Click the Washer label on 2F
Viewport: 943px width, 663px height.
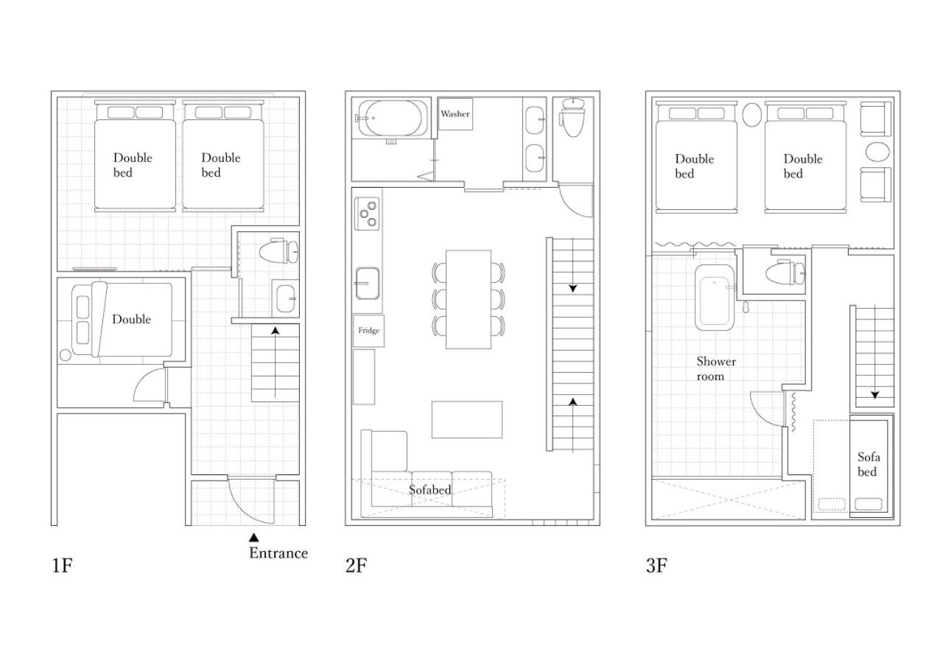tap(455, 113)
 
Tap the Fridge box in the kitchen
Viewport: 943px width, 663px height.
tap(368, 331)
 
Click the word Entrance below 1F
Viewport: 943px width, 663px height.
tap(278, 552)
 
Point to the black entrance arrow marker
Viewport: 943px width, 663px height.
tap(253, 538)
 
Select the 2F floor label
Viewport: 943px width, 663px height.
tap(356, 565)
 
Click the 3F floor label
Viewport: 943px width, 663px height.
tap(656, 565)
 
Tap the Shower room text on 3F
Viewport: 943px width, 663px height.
tap(716, 369)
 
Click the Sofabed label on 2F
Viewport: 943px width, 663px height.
tap(430, 490)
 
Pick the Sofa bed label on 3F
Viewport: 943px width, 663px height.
tap(869, 464)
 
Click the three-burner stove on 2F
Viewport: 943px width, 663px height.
tap(367, 214)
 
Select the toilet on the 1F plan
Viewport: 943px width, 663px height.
tap(278, 251)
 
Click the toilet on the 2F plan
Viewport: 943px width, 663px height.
tap(573, 117)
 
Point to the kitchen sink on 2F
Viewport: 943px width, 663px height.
tap(367, 284)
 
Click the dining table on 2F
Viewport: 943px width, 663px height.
tap(468, 299)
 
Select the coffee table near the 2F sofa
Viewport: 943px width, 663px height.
tap(466, 420)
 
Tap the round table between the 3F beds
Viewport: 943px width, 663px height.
tap(751, 114)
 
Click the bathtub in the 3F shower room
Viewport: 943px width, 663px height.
tap(715, 297)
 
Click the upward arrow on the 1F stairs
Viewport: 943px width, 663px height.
tap(276, 362)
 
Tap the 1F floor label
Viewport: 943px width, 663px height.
tap(63, 565)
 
